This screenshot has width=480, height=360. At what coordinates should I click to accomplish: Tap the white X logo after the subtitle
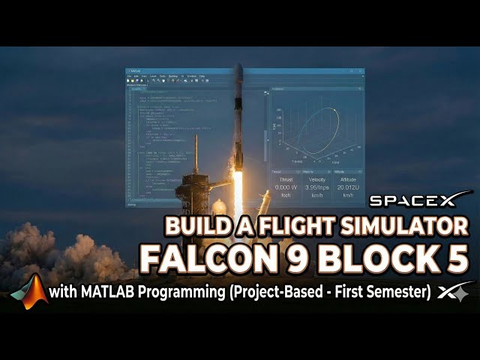pyautogui.click(x=458, y=292)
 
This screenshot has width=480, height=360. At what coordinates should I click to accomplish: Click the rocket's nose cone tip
pyautogui.click(x=238, y=67)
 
